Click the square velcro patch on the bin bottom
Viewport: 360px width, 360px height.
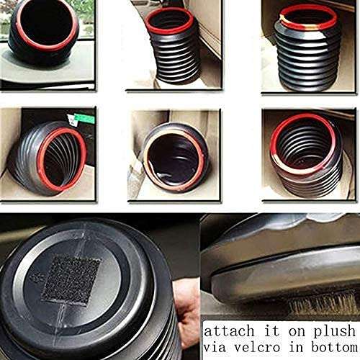[70, 278]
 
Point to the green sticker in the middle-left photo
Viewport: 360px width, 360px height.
[72, 117]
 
